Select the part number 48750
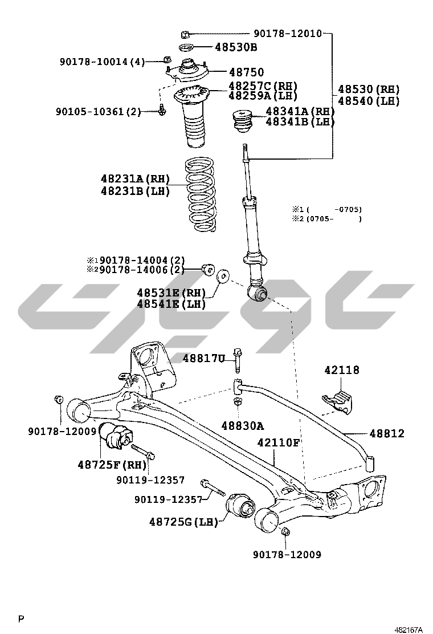point(246,72)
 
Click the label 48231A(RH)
point(136,180)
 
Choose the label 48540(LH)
point(368,101)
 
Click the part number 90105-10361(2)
point(98,112)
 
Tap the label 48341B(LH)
point(300,121)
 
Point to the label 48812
point(387,434)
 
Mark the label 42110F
point(278,442)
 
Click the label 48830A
point(243,426)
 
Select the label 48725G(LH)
point(184,522)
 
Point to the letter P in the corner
point(21,619)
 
